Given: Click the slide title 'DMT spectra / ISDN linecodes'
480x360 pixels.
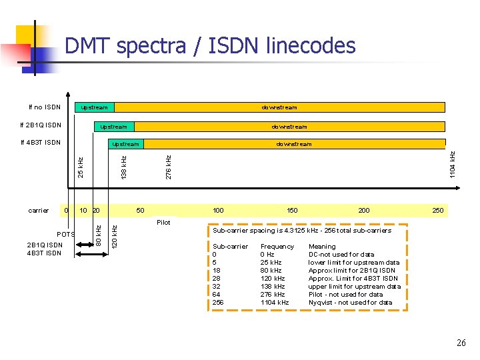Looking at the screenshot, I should coord(210,46).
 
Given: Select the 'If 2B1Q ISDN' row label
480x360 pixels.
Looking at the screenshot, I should coord(41,125).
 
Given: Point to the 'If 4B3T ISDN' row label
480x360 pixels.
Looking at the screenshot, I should coord(41,143).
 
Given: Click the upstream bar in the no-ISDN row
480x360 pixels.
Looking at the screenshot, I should coord(94,107).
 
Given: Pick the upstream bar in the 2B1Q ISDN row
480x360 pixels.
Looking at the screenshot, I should coord(113,126).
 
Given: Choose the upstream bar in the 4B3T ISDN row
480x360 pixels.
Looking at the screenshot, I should coord(125,144).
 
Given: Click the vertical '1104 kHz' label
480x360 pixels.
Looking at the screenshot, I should coord(453,164).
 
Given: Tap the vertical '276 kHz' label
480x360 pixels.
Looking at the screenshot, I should coord(169,167).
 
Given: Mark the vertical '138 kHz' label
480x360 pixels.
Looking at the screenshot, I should coord(123,167).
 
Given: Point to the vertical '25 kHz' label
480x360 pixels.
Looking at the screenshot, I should coord(80,167).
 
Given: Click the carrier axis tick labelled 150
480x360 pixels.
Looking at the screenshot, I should coord(292,211).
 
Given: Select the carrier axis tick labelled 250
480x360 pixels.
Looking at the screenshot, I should coord(438,211).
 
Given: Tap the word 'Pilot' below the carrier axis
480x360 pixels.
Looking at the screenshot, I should coord(163,223).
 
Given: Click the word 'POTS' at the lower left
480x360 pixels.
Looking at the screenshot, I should coord(65,235).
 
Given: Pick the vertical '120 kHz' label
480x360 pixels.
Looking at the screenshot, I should coord(114,237).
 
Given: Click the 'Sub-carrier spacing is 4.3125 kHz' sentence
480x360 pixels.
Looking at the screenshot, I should coord(301,231).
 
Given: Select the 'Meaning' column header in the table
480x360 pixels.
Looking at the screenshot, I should coord(323,247).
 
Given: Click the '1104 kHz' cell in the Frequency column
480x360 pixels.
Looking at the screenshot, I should coord(275,303).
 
